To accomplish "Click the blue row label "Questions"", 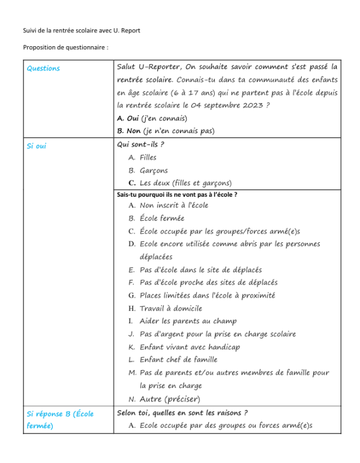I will pos(43,68).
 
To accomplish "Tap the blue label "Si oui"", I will pos(37,146).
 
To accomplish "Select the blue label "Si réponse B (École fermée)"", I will pos(60,419).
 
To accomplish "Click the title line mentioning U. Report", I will pos(82,31).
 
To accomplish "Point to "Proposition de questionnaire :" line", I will pos(65,47).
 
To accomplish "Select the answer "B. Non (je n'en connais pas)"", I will pos(166,131).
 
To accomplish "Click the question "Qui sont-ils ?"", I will pos(140,145).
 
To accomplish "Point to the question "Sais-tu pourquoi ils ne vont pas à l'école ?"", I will pos(177,194).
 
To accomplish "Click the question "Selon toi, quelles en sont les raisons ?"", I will pos(182,413).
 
